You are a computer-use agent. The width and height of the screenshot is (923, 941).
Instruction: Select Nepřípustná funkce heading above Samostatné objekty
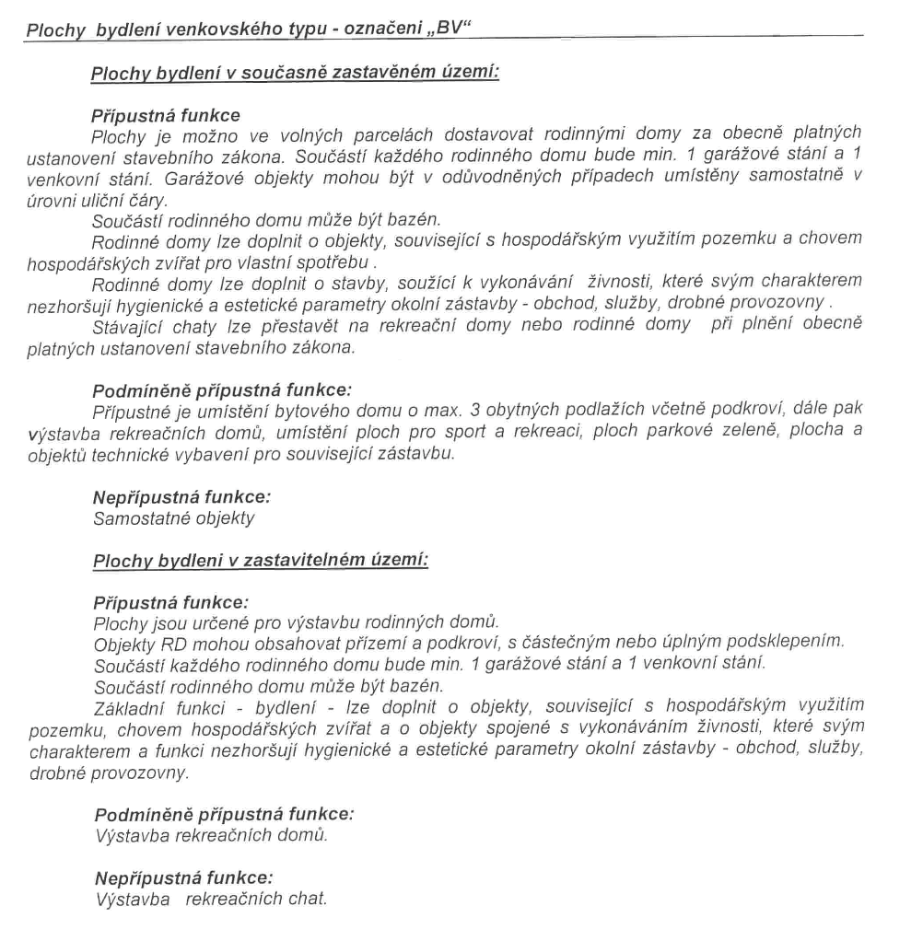182,497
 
